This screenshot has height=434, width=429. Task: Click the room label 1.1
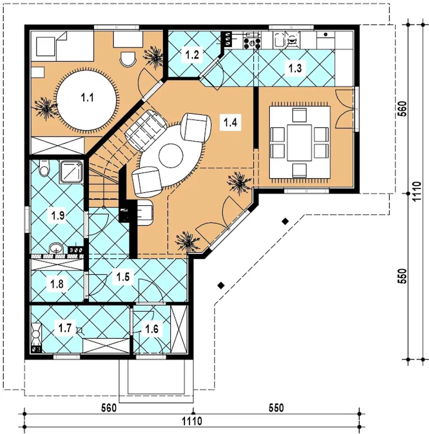[x=87, y=98]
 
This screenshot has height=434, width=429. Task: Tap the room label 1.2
[x=192, y=55]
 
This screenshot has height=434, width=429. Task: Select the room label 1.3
[x=295, y=68]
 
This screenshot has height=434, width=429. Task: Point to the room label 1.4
[x=231, y=123]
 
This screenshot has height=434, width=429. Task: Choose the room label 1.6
[x=152, y=329]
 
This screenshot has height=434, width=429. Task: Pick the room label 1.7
[x=65, y=328]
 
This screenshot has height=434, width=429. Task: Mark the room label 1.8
[x=57, y=284]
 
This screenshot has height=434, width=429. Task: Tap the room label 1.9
[x=58, y=215]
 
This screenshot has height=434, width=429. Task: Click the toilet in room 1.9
[x=44, y=168]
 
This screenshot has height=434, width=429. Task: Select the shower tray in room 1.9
[x=71, y=172]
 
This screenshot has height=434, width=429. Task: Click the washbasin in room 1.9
[x=56, y=249]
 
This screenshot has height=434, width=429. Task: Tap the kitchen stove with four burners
[x=252, y=43]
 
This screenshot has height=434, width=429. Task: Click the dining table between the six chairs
[x=299, y=143]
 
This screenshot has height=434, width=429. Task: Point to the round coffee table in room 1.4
[x=171, y=156]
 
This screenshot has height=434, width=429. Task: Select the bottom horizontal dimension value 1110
[x=192, y=421]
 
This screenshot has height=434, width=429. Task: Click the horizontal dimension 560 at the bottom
[x=109, y=408]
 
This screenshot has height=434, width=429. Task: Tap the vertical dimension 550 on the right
[x=403, y=276]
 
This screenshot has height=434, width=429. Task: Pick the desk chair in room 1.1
[x=128, y=59]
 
